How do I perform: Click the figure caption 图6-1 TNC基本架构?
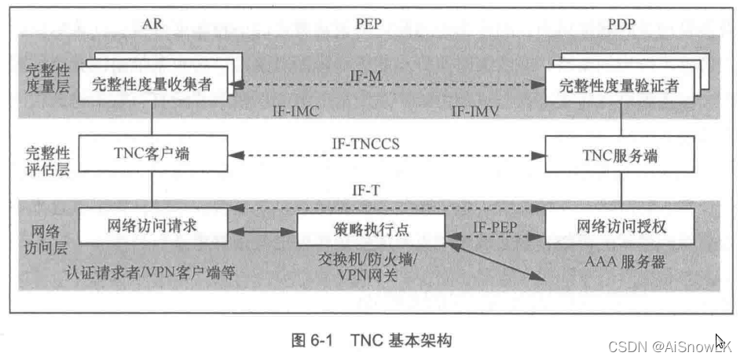pyautogui.click(x=372, y=340)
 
